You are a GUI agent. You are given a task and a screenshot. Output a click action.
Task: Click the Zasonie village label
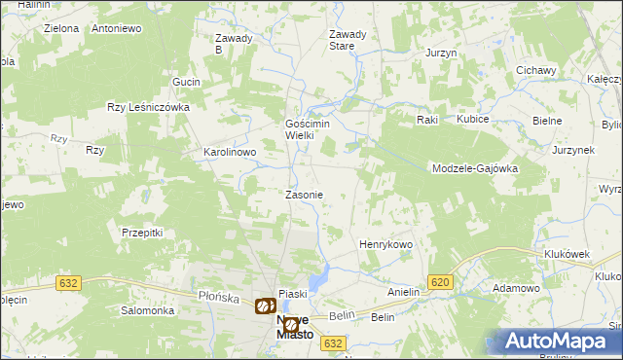pos(304,195)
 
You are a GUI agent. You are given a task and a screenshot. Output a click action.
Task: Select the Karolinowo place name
pos(229,153)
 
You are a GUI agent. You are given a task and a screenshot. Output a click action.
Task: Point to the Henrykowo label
pos(386,244)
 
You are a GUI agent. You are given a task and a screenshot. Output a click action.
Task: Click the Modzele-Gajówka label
pos(474,168)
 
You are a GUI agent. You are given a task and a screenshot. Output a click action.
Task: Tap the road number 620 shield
pos(440,282)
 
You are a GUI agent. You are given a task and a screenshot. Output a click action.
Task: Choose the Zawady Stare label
pos(348,40)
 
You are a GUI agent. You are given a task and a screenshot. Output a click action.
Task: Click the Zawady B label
pos(233,44)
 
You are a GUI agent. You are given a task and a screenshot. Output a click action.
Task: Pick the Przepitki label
pos(141,233)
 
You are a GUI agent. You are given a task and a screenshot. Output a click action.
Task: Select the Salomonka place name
pos(147,310)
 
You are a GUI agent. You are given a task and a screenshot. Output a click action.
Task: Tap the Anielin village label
pos(403,292)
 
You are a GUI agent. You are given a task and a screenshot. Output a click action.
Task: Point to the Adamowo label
pos(516,289)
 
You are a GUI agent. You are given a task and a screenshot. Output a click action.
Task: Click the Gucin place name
pos(186,82)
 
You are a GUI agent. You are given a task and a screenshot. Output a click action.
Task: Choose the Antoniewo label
pos(117,28)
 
